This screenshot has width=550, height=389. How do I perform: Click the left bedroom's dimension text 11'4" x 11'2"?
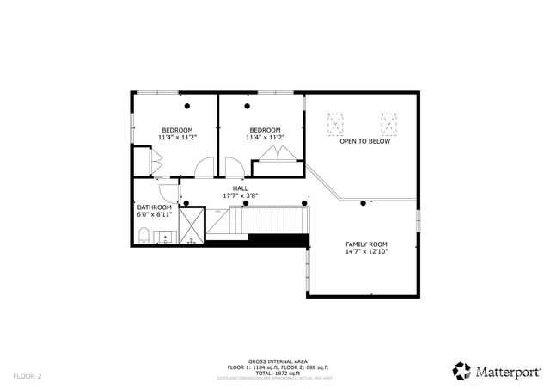178,137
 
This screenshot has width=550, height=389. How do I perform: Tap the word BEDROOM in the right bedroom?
265,129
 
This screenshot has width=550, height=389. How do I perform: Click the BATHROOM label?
155,207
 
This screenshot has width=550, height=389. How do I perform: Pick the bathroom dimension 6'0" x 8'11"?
155,215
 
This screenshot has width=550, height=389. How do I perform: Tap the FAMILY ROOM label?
366,244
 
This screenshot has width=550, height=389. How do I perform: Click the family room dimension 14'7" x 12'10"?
366,252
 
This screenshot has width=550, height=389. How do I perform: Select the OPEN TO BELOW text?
364,141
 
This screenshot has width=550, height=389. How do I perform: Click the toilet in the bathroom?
144,237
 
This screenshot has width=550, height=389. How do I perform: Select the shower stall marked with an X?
192,225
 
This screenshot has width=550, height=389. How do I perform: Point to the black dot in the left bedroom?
186,107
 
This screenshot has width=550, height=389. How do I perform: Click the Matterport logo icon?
462,370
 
